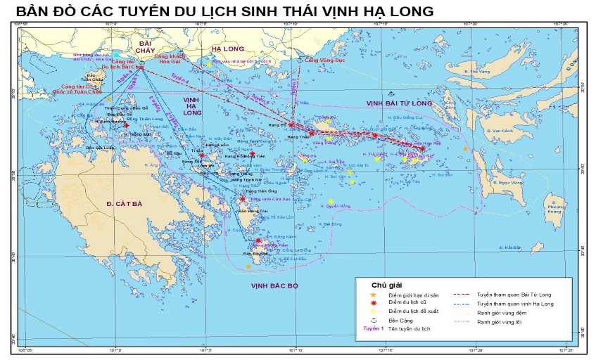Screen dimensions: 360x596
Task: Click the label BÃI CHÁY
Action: (x=146, y=47)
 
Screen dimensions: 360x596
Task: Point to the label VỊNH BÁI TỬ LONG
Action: (x=398, y=103)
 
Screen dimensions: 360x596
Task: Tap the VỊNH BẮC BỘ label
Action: (x=274, y=286)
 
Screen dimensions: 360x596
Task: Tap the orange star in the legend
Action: (x=374, y=294)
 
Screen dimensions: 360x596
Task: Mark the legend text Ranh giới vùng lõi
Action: (x=502, y=321)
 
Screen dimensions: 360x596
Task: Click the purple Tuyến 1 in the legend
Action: (x=374, y=328)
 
